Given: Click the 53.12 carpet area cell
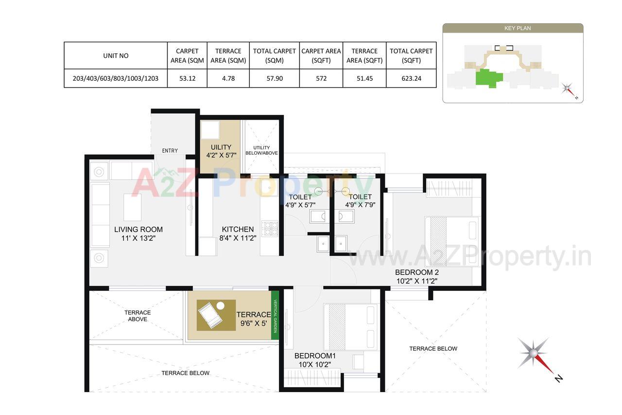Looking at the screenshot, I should pos(187,78).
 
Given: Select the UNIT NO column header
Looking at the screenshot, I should pos(116,55).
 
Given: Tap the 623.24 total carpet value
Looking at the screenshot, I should pos(411,78).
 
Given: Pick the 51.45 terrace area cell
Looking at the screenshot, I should pos(364,78).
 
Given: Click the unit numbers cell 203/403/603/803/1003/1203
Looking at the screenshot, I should pos(116,78).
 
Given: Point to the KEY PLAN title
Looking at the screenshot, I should pos(517,28).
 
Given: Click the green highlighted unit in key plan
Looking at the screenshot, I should pos(487,78).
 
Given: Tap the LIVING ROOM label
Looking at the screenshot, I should pos(138,229).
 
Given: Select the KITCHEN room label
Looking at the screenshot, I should pos(238,229).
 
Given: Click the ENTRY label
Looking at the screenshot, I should pos(170,150).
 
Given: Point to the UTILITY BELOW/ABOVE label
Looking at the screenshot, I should pos(261,150).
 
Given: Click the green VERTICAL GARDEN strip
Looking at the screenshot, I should pos(275,315).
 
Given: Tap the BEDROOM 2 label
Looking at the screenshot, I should pos(416,272).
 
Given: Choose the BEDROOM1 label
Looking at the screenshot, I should pos(315,356).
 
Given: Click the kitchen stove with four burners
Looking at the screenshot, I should pos(270,228).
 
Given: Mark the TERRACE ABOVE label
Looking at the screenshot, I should pos(138,316).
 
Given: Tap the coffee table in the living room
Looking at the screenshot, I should pos(132,207).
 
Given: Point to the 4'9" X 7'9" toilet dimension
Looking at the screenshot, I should pos(360,205).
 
